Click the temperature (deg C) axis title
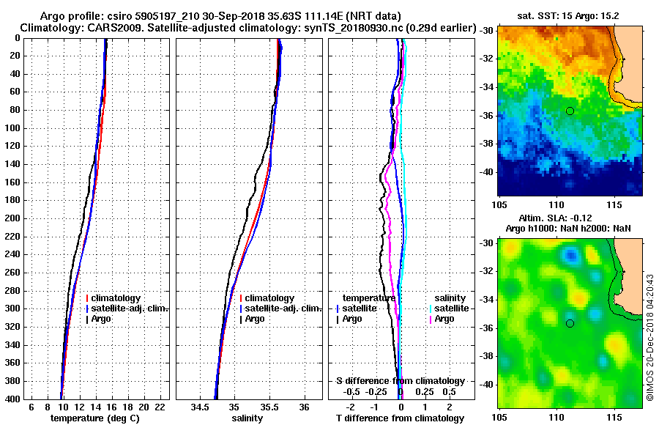(x=94, y=418)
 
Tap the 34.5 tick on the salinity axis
(x=200, y=407)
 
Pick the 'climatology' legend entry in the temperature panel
(x=116, y=298)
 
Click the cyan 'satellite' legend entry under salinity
(x=448, y=308)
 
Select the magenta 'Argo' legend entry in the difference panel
(x=444, y=319)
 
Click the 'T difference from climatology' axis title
(x=400, y=418)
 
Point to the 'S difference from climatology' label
(x=400, y=381)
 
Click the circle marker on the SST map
(x=570, y=111)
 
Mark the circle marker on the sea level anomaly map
(x=570, y=323)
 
